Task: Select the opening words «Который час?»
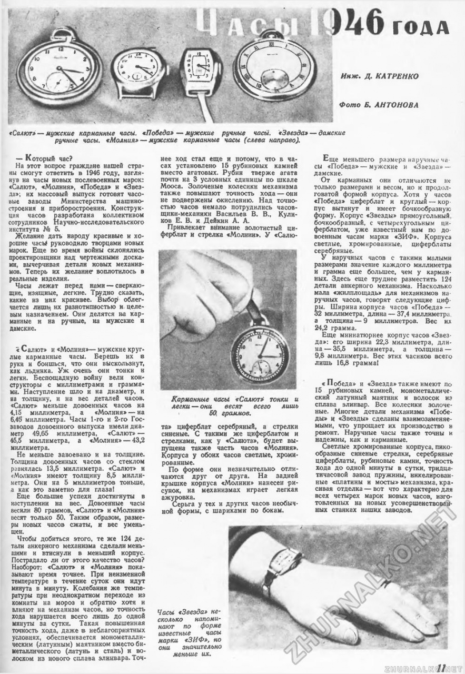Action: (x=45, y=157)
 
